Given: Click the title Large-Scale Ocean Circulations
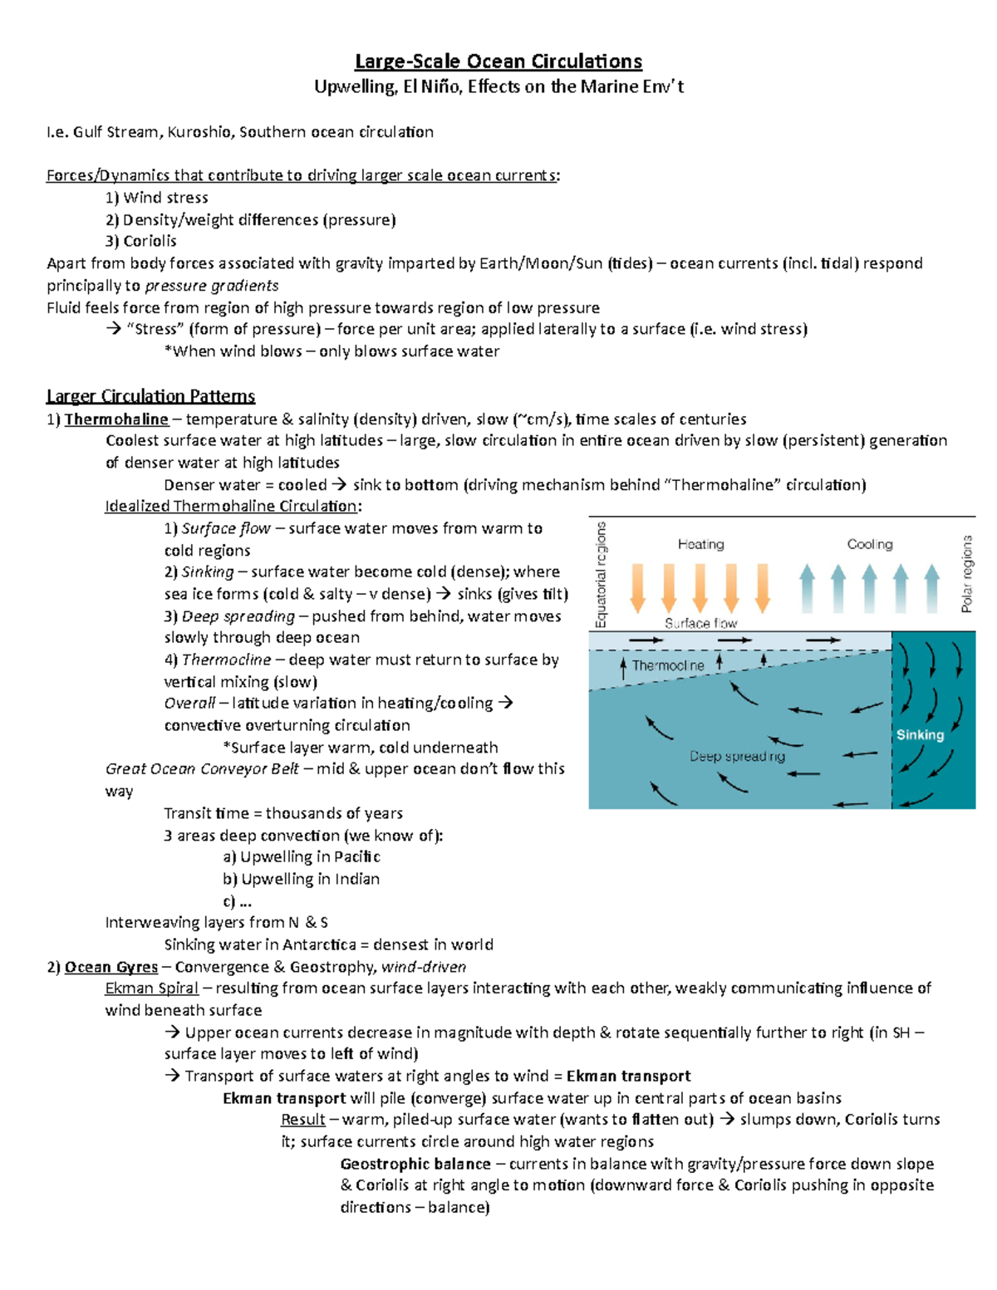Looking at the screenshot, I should point(498,61).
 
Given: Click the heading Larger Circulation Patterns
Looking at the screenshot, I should point(150,396).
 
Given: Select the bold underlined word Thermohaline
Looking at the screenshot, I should point(116,419).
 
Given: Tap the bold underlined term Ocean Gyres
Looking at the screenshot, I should point(111,967).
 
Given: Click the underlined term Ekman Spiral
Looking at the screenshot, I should point(151,988).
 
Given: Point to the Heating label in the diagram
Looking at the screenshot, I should point(700,545).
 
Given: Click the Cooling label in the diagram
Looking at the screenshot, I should point(870,545).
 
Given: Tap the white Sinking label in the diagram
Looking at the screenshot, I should point(920,735).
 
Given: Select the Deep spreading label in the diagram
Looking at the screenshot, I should point(737,757).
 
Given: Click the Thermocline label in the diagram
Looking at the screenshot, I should point(668,666).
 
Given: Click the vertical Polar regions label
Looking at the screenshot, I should point(966,574).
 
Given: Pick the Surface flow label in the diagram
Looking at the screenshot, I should point(700,623).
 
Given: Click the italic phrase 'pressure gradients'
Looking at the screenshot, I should point(212,286).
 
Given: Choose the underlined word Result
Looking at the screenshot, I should point(302,1120).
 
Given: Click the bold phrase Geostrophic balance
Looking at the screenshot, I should point(415,1165).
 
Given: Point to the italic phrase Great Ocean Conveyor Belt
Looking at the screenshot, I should point(202,769).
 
